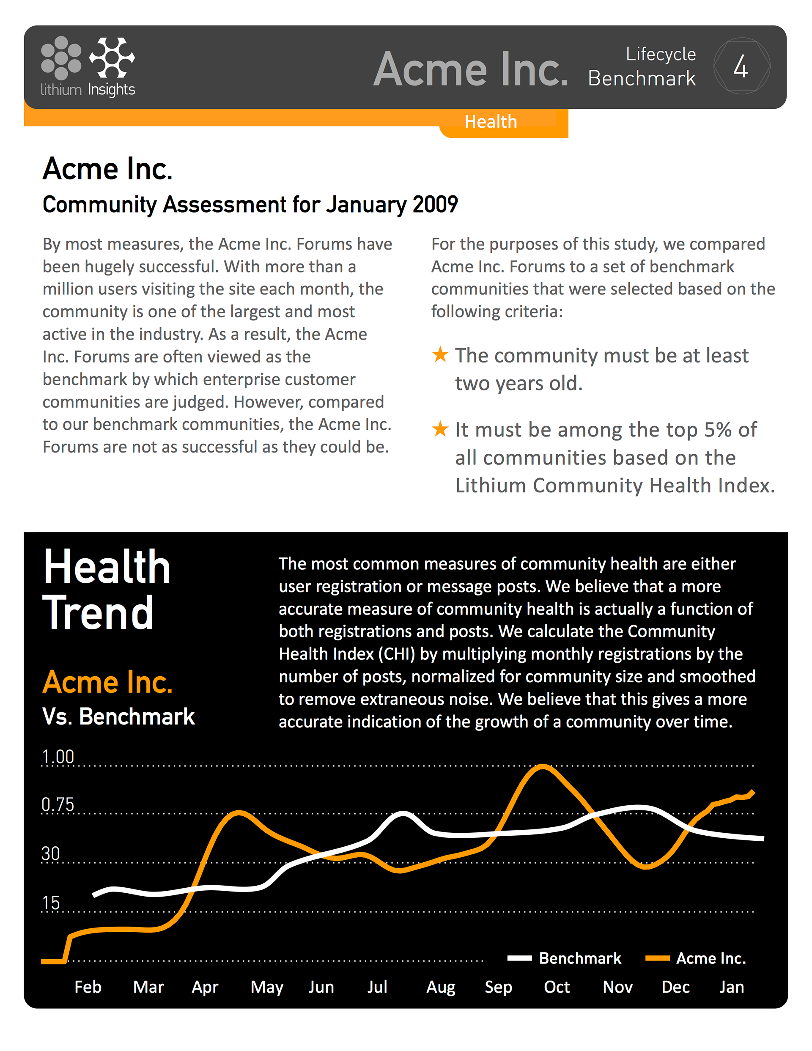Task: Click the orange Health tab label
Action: coord(491,122)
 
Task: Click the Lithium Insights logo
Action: coord(88,66)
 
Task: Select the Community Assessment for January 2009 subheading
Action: coord(250,205)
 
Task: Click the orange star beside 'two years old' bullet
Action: coord(440,355)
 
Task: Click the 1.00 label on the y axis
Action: coord(58,757)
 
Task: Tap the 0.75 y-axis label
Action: coord(58,804)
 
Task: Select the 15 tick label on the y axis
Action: coord(51,903)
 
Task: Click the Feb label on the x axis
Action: coord(88,987)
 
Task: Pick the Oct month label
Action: coord(557,987)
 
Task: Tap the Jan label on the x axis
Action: coord(732,987)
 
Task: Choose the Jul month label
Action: coord(377,987)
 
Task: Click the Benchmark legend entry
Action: coord(564,958)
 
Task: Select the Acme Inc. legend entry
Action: coord(696,958)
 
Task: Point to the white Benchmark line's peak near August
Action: coord(402,814)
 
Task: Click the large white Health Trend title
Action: coord(107,589)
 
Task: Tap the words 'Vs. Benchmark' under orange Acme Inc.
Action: coord(118,716)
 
